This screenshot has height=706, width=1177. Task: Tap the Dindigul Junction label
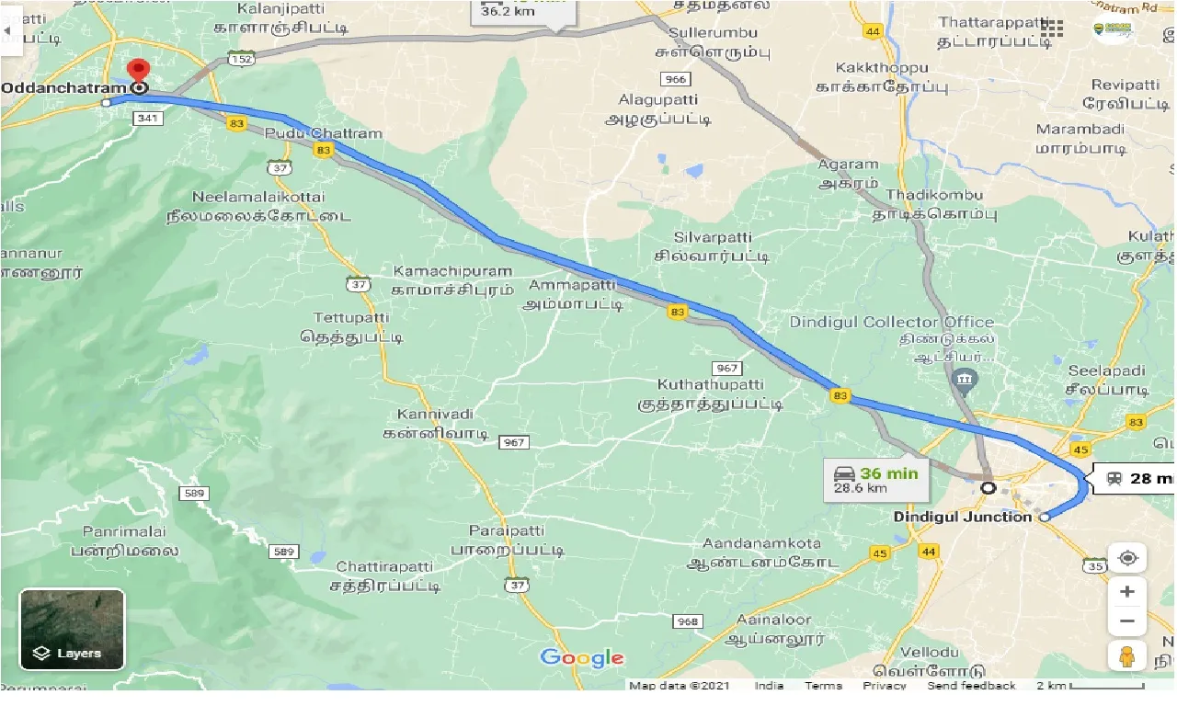(963, 517)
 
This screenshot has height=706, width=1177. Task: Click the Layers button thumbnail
(72, 629)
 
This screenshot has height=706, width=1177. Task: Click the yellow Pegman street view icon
(1127, 656)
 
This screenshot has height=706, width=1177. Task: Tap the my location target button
(1127, 558)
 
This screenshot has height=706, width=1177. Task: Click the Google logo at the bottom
(582, 657)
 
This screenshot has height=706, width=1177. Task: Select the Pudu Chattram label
(323, 133)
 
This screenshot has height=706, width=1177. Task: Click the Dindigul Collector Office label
(891, 323)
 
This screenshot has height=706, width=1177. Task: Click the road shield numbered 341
(146, 119)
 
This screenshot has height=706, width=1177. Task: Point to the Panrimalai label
(123, 532)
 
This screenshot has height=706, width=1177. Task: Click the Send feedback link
(971, 686)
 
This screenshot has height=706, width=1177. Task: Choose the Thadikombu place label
(936, 195)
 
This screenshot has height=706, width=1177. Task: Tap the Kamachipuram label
(451, 271)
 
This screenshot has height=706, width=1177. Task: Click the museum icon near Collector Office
(966, 379)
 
